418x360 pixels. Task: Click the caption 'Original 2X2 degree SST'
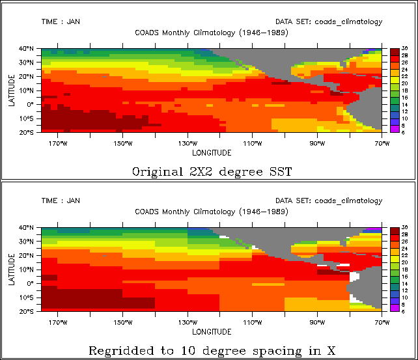tap(212, 172)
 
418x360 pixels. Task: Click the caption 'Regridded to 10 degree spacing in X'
tap(212, 351)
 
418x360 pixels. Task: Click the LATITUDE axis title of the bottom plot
tap(12, 270)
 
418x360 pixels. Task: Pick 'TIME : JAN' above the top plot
tap(61, 21)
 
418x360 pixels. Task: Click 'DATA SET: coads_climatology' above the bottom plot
tap(329, 201)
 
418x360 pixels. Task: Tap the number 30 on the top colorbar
tap(404, 49)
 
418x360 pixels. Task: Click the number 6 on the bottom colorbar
tap(404, 312)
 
